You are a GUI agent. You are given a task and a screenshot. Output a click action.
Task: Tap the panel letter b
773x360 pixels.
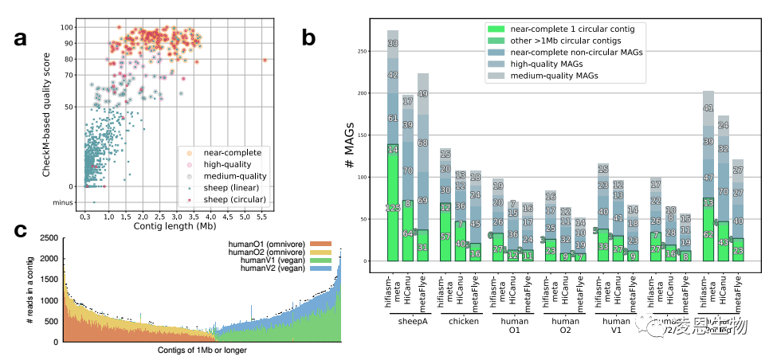pyautogui.click(x=308, y=37)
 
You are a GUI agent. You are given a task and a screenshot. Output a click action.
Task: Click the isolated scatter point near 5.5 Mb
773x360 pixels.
pyautogui.click(x=265, y=60)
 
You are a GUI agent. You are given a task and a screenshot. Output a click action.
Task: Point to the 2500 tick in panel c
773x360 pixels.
pyautogui.click(x=50, y=238)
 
